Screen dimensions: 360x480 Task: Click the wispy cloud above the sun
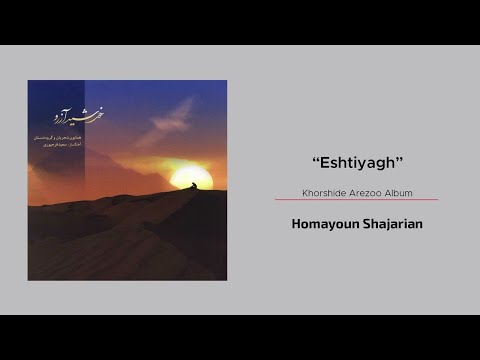click(x=172, y=118)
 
